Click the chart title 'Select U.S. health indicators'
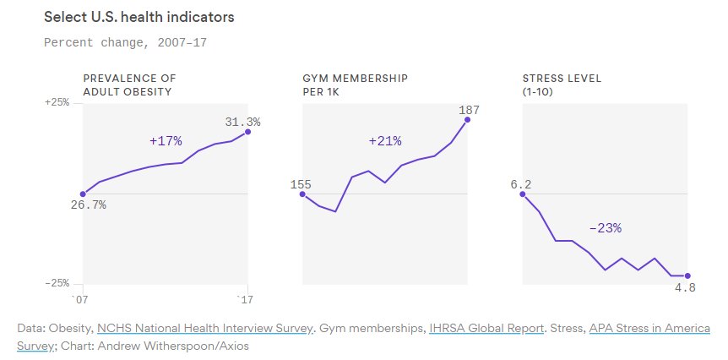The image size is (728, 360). click(139, 17)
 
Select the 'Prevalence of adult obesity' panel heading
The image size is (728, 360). click(128, 85)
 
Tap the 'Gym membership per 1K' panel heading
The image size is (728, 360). click(355, 85)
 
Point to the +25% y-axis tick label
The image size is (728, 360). click(57, 102)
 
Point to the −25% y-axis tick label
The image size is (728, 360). click(57, 283)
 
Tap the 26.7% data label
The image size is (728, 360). click(88, 205)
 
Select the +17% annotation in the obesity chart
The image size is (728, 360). click(166, 140)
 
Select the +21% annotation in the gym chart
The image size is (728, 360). click(385, 140)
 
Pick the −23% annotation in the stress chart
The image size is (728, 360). click(605, 228)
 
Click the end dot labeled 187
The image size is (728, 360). click(468, 120)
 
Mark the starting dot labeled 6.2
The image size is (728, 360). click(523, 194)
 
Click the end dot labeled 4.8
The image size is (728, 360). click(687, 275)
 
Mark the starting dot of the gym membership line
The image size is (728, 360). click(303, 194)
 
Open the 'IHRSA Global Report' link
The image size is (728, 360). click(486, 328)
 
